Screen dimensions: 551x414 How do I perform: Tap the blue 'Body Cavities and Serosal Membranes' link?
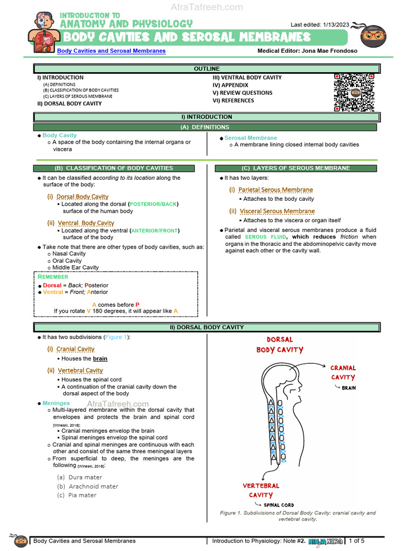(x=112, y=51)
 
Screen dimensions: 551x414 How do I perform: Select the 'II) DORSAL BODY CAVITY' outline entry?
(x=69, y=103)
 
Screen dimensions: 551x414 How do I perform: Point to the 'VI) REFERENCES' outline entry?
(x=233, y=101)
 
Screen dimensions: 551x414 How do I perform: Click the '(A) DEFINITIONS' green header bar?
(x=206, y=127)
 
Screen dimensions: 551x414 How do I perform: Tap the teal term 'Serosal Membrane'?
(x=251, y=138)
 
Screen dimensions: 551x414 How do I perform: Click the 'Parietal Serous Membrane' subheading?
(x=275, y=190)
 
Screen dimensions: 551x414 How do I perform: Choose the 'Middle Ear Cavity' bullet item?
(x=75, y=267)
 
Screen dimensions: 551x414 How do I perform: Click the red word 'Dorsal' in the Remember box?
(x=52, y=285)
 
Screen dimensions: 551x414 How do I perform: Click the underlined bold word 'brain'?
(x=100, y=358)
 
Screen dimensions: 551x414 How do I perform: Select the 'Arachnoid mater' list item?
(x=93, y=486)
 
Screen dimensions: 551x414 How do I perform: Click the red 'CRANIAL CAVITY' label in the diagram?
(x=343, y=372)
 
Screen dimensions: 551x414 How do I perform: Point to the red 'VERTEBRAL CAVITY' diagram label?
(x=261, y=490)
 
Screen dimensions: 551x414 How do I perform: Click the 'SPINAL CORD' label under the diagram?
(x=279, y=505)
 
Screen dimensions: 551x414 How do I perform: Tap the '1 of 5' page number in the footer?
(x=357, y=541)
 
